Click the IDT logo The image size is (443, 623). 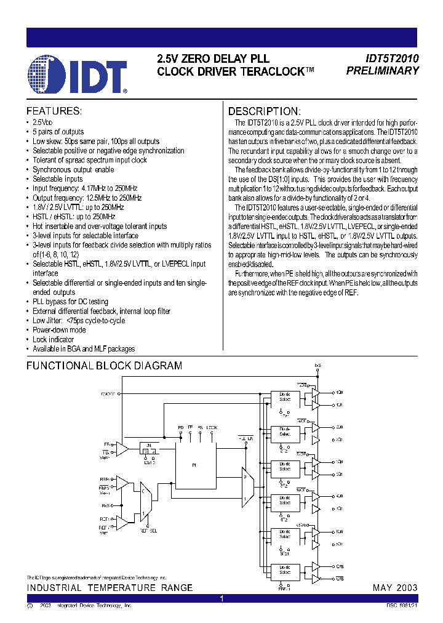(x=78, y=74)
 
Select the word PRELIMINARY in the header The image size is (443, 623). (x=382, y=71)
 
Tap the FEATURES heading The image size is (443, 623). (x=54, y=111)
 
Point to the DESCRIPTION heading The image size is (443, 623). (x=265, y=111)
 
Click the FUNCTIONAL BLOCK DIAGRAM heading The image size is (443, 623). (x=104, y=366)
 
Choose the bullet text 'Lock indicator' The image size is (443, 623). (x=53, y=339)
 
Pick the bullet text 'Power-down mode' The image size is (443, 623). (x=59, y=330)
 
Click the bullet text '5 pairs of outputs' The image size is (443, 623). (x=58, y=132)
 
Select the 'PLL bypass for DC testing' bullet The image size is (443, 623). (x=70, y=302)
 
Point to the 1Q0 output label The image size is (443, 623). (x=340, y=392)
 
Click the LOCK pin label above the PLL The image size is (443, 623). (x=212, y=427)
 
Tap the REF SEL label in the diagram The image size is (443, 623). (x=148, y=529)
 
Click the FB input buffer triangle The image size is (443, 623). (x=122, y=448)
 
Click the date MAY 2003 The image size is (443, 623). (x=395, y=588)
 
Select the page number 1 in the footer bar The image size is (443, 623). (x=221, y=598)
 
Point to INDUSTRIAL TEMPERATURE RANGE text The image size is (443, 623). (x=110, y=588)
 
